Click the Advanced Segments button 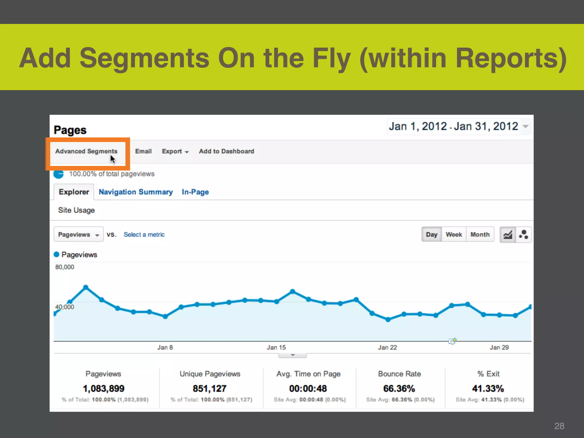pos(86,151)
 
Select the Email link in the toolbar pos(143,151)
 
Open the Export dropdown pos(175,151)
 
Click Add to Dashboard pos(226,151)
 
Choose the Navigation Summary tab pos(136,192)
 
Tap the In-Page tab pos(195,192)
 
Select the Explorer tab pos(74,192)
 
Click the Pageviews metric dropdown pos(78,234)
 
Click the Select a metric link pos(144,234)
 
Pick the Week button pos(454,234)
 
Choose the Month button pos(480,234)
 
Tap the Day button pos(431,234)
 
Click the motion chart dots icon pos(524,234)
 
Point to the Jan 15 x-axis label pos(276,347)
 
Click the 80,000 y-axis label pos(65,267)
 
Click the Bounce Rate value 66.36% pos(399,388)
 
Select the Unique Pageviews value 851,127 pos(210,388)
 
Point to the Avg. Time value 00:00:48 pos(308,388)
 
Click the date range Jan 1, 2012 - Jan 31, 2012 pos(453,126)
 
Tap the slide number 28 pos(559,426)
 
